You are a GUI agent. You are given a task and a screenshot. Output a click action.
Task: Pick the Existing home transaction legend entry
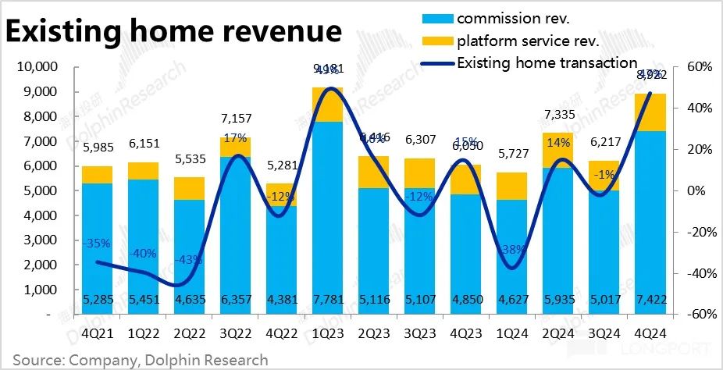(547, 62)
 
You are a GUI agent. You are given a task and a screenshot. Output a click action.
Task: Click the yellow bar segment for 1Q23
(328, 105)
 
